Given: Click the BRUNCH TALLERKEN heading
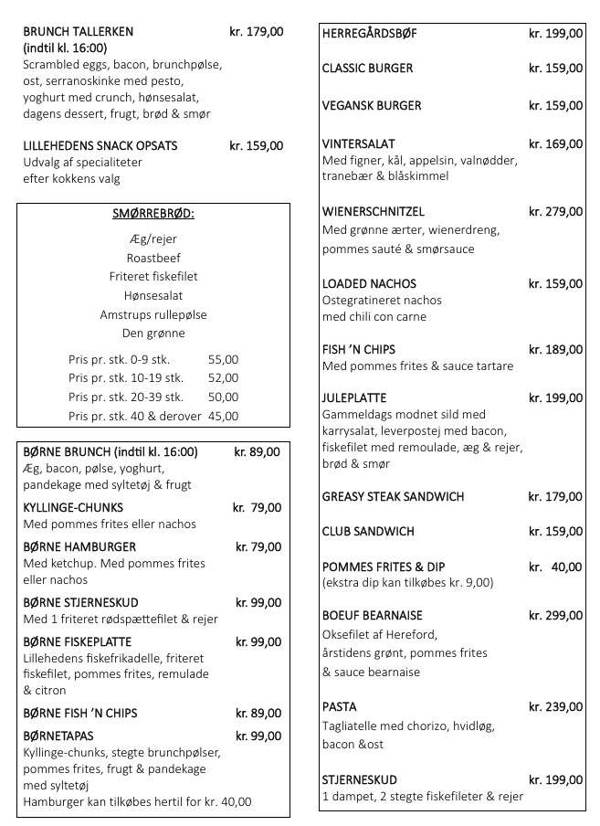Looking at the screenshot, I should (x=79, y=31).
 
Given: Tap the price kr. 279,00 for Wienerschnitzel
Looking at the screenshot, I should (x=555, y=212).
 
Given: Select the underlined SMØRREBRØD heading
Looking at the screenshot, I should (x=153, y=215).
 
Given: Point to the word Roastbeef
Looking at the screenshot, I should (x=153, y=258).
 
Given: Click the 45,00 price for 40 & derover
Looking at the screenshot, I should (x=223, y=416).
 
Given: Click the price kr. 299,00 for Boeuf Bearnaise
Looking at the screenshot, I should (x=555, y=616).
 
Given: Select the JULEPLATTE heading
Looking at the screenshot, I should (x=354, y=398).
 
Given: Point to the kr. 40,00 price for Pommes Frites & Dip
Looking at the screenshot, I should (x=555, y=567).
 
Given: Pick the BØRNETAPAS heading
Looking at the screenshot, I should (x=58, y=736).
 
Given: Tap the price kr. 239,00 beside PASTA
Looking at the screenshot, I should (x=555, y=706).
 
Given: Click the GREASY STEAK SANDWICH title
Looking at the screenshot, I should (x=394, y=497).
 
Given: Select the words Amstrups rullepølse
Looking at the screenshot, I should (x=153, y=314).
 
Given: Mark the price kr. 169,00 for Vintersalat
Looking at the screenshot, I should (x=555, y=143).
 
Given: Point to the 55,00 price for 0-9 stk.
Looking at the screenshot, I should (x=223, y=359).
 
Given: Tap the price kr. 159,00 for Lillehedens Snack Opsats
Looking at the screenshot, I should (x=256, y=145).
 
